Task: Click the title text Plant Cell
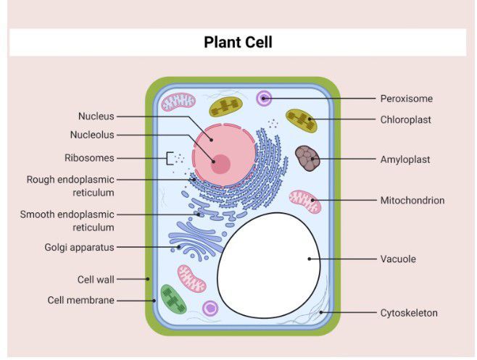click(238, 42)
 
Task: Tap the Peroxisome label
click(406, 99)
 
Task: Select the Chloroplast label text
click(405, 120)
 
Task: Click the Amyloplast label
click(405, 159)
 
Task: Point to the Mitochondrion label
click(412, 200)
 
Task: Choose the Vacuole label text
click(398, 259)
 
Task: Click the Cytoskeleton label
click(409, 313)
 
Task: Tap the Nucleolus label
click(92, 135)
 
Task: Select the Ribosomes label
click(89, 157)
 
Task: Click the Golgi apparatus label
click(79, 247)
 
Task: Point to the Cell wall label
click(96, 279)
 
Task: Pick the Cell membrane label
click(80, 300)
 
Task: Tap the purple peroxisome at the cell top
click(264, 97)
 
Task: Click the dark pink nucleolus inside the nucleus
click(220, 164)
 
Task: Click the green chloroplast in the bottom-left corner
click(173, 300)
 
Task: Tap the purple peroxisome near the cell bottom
click(210, 309)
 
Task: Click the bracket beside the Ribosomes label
click(168, 157)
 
